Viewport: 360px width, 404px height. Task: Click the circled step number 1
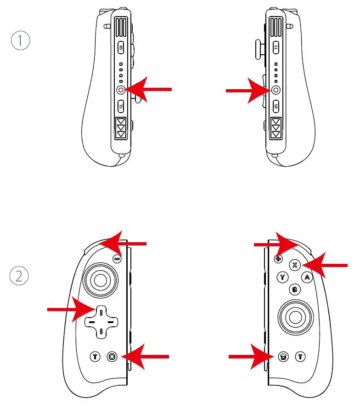(20, 41)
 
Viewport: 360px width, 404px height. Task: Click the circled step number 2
(19, 276)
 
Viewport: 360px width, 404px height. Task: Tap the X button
(295, 265)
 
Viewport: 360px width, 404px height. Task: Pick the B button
(295, 290)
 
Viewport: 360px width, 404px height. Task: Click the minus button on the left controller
(117, 259)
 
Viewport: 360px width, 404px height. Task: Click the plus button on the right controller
(278, 259)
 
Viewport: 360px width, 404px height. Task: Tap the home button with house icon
(284, 356)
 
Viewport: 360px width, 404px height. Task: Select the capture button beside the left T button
(112, 356)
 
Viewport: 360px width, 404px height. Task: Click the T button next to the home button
(300, 356)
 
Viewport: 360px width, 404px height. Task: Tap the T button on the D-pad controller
(95, 356)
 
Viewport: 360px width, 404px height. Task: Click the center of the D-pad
(101, 322)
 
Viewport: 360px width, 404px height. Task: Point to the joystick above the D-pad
(100, 279)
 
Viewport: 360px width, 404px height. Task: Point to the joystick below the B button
(295, 317)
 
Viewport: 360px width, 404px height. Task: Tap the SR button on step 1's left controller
(121, 48)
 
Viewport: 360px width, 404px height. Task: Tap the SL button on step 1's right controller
(276, 47)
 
